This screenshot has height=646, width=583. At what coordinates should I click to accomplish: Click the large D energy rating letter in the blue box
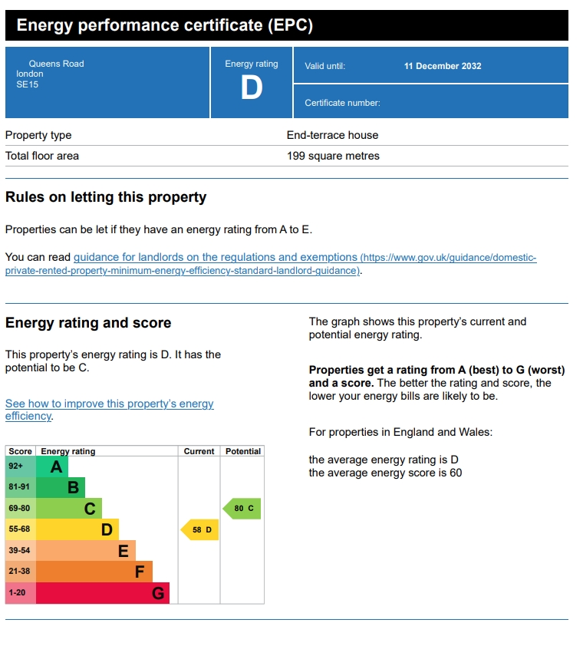point(251,88)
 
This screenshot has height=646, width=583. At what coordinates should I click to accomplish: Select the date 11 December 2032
point(443,66)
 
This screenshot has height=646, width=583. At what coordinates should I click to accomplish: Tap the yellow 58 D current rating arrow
point(200,529)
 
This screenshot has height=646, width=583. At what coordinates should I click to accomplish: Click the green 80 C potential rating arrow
point(242,508)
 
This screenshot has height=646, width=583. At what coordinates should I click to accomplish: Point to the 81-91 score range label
point(18,486)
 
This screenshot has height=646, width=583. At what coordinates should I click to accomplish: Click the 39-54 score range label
point(18,551)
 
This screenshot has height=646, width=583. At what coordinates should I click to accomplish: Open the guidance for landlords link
point(216,258)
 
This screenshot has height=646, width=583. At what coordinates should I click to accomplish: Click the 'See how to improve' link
point(110,404)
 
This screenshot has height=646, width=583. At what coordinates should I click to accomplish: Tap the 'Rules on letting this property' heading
point(106,197)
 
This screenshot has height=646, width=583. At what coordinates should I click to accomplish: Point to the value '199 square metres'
point(333,156)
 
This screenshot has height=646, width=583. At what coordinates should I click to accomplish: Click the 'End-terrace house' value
point(332,135)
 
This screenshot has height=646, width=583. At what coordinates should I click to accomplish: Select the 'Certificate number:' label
point(342,103)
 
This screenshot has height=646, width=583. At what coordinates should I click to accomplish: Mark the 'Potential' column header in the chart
point(243,451)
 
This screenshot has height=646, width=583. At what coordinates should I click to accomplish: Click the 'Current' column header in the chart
point(199,451)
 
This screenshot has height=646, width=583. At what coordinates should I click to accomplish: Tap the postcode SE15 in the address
point(27,84)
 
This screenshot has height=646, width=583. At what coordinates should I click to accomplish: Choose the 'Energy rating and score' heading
point(88,323)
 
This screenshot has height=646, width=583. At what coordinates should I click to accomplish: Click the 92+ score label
point(16,466)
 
